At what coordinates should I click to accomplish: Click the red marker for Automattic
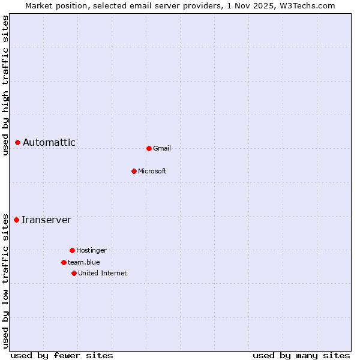point(18,142)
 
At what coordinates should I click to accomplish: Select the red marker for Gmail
point(149,148)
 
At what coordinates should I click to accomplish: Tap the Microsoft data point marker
point(134,171)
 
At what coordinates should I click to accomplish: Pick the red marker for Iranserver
point(17,220)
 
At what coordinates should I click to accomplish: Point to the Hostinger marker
point(72,250)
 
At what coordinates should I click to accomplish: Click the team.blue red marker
point(64,262)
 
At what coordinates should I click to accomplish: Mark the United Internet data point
point(74,273)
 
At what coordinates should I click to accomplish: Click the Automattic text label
point(49,142)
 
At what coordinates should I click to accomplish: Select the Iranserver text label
point(46,220)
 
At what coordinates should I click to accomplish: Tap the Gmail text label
point(162,148)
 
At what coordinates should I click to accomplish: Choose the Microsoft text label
point(152,171)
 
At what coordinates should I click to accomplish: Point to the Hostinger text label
point(91,250)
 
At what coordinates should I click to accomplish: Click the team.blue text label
point(84,262)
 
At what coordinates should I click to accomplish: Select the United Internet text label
point(103,273)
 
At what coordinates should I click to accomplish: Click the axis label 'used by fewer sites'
point(62,355)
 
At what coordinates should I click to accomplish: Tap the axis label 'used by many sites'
point(301,355)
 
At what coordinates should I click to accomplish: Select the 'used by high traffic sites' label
point(5,85)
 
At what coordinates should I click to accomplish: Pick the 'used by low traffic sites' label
point(5,281)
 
